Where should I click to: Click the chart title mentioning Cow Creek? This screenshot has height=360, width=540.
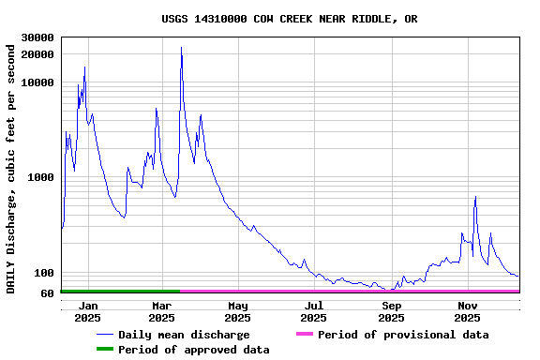(x=289, y=19)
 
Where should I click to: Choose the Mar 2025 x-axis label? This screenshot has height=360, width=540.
(x=161, y=311)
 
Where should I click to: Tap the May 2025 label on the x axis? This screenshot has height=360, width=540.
(x=237, y=311)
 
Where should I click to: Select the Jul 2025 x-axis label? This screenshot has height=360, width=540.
(x=314, y=311)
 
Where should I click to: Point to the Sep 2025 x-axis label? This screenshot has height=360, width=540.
(x=391, y=311)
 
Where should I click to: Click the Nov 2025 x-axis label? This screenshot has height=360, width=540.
(x=467, y=311)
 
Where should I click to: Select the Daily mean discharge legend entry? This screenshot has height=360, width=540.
(x=184, y=335)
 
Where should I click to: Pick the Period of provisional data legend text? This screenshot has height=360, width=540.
(x=403, y=335)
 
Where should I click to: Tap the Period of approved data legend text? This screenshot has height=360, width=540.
(x=194, y=350)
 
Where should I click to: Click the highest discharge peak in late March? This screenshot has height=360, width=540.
(x=181, y=47)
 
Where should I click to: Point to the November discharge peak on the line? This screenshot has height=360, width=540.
(x=475, y=197)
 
